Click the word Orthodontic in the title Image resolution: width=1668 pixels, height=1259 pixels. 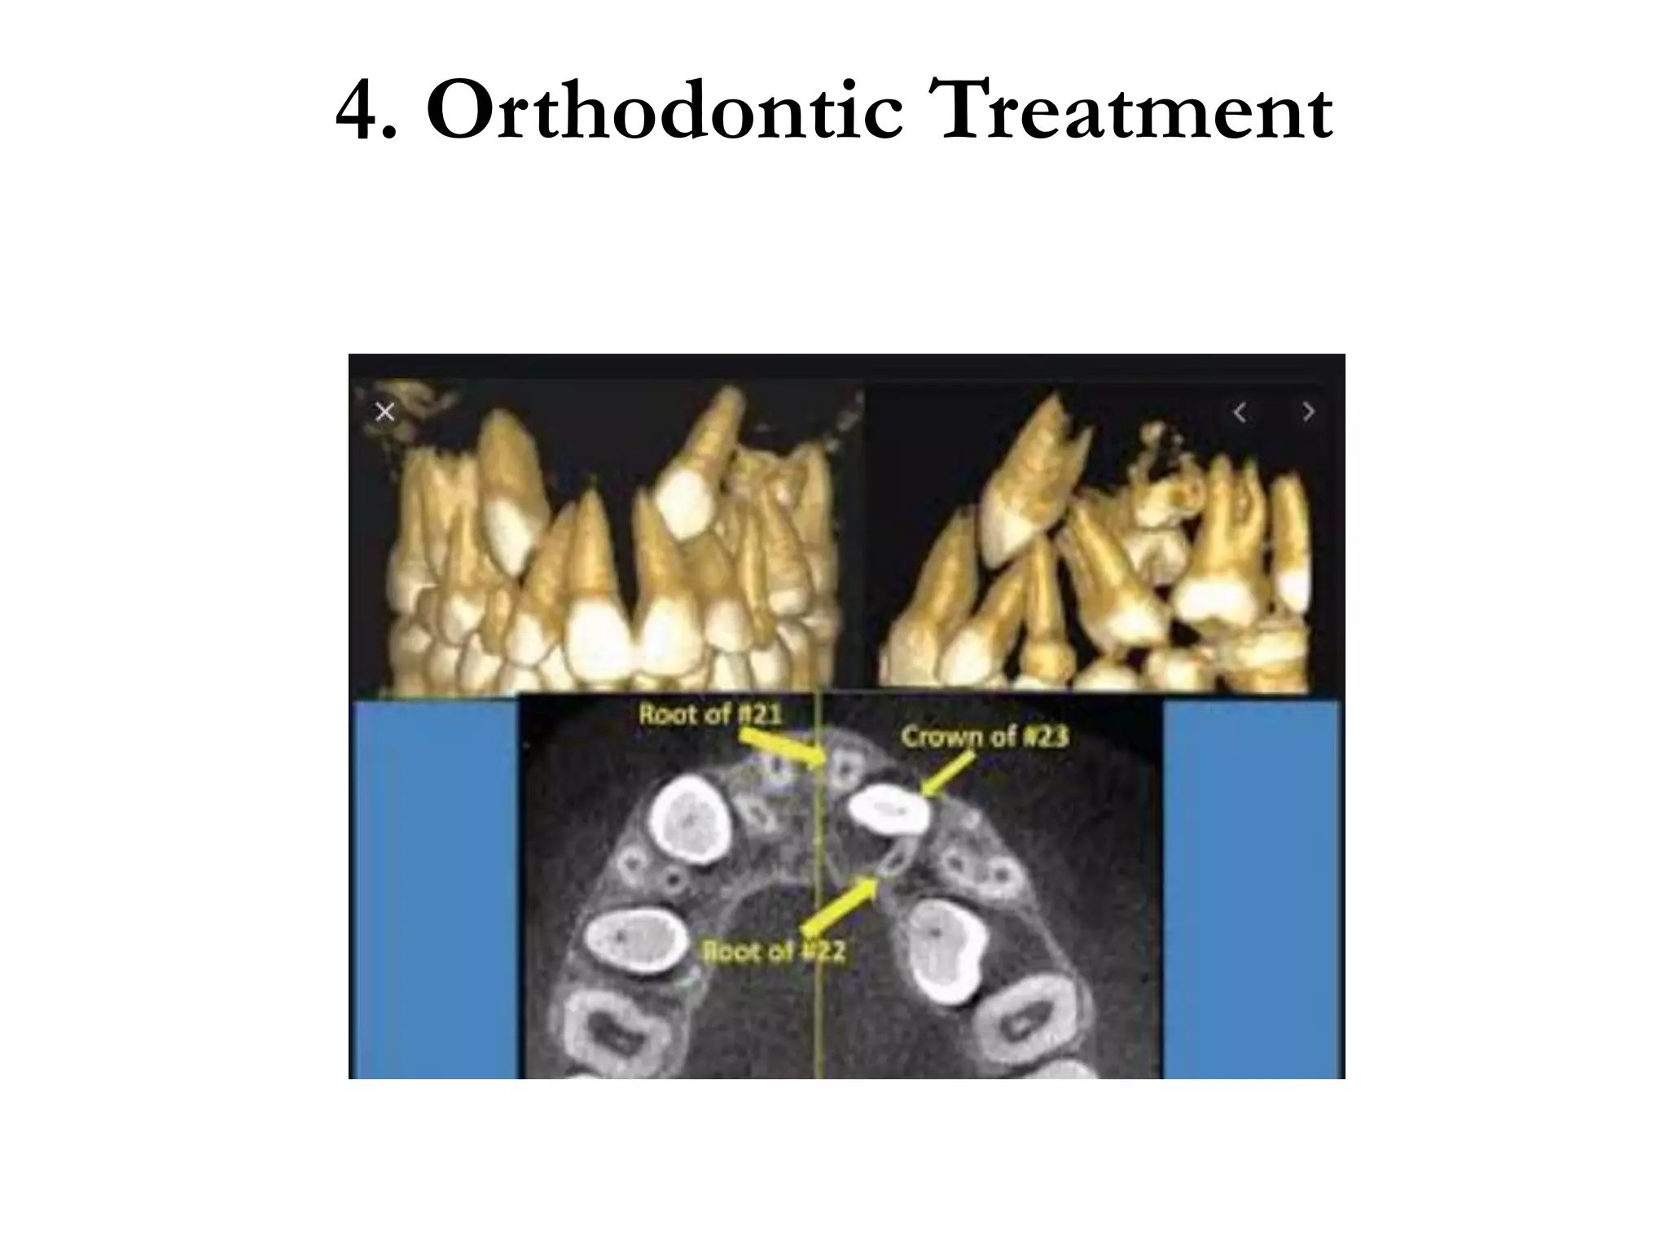coord(664,110)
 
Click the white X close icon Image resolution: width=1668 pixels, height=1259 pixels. coord(385,412)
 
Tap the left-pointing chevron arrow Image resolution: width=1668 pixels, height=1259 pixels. coord(1240,413)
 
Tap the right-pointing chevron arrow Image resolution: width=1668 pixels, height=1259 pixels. coord(1308,413)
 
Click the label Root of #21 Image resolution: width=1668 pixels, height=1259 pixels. coord(709,714)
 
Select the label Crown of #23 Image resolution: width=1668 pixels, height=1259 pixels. coord(984,737)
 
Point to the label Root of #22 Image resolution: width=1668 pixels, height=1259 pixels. coord(774,951)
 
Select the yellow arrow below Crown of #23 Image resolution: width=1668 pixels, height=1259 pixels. coord(949,773)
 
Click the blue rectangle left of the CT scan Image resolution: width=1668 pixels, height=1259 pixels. coord(434,888)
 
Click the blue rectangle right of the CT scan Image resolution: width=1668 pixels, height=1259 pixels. coord(1250,888)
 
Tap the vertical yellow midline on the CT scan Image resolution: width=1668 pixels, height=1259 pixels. coord(818,1018)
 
